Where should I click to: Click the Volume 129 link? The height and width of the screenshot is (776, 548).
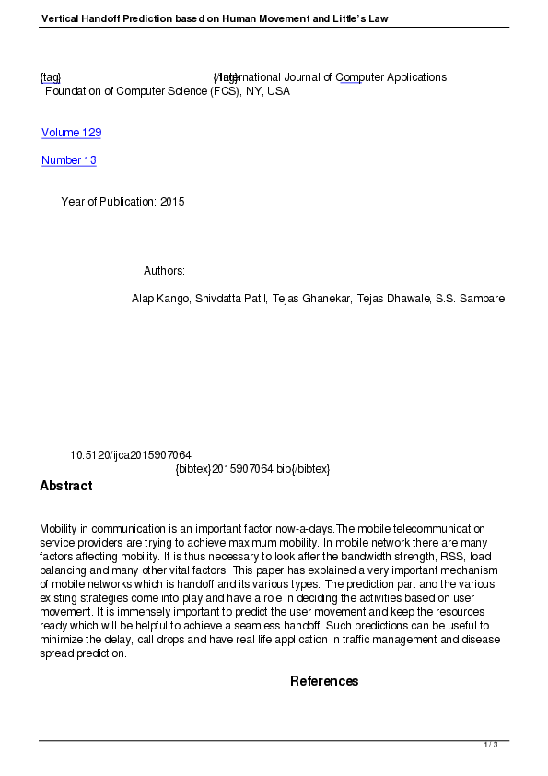tap(71, 133)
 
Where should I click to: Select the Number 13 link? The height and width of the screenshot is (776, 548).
tap(69, 160)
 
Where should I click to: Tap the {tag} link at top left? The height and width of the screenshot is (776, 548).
tap(50, 77)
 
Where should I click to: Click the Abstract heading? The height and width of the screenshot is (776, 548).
tap(65, 486)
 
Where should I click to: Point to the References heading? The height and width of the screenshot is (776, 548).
tap(324, 681)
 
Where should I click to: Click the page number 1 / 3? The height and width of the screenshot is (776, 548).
tap(491, 745)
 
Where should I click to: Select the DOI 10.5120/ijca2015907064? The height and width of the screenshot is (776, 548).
tap(131, 455)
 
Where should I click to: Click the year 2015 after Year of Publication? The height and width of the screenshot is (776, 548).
tap(172, 202)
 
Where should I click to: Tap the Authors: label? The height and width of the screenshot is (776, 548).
tap(164, 271)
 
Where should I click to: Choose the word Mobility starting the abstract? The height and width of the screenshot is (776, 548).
tap(59, 529)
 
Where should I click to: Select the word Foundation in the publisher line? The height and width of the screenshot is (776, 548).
tap(73, 91)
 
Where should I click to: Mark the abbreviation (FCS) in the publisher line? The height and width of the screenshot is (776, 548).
tap(220, 91)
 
